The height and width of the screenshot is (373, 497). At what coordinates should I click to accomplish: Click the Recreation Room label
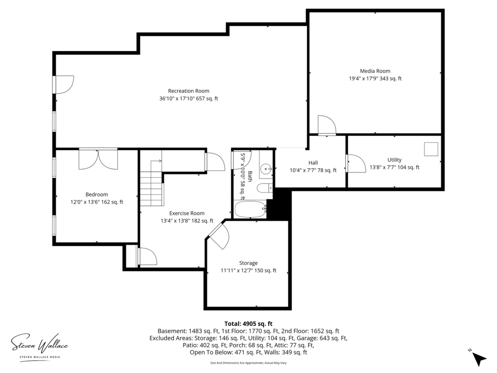[x=188, y=91]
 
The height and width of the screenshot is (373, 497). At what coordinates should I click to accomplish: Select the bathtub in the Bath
[x=250, y=209]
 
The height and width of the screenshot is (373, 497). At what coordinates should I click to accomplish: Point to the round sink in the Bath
[x=266, y=169]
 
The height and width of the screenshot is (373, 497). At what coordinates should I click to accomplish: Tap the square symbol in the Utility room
[x=431, y=149]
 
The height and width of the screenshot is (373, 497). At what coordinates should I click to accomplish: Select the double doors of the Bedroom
[x=98, y=159]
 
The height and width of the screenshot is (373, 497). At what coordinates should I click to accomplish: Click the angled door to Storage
[x=219, y=235]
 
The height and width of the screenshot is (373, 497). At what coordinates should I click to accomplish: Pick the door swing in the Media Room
[x=327, y=125]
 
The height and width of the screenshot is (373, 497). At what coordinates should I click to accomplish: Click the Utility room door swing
[x=356, y=164]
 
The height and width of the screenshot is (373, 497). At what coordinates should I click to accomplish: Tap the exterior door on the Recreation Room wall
[x=64, y=84]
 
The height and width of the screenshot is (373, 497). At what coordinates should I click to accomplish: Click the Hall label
[x=313, y=163]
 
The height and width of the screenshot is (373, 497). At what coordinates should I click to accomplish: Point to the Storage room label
[x=248, y=263]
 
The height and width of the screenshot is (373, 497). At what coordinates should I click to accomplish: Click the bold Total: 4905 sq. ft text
[x=248, y=324]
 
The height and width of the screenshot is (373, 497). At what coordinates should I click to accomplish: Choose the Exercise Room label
[x=187, y=213]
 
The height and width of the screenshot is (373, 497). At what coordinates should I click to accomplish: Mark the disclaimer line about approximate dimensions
[x=248, y=363]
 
